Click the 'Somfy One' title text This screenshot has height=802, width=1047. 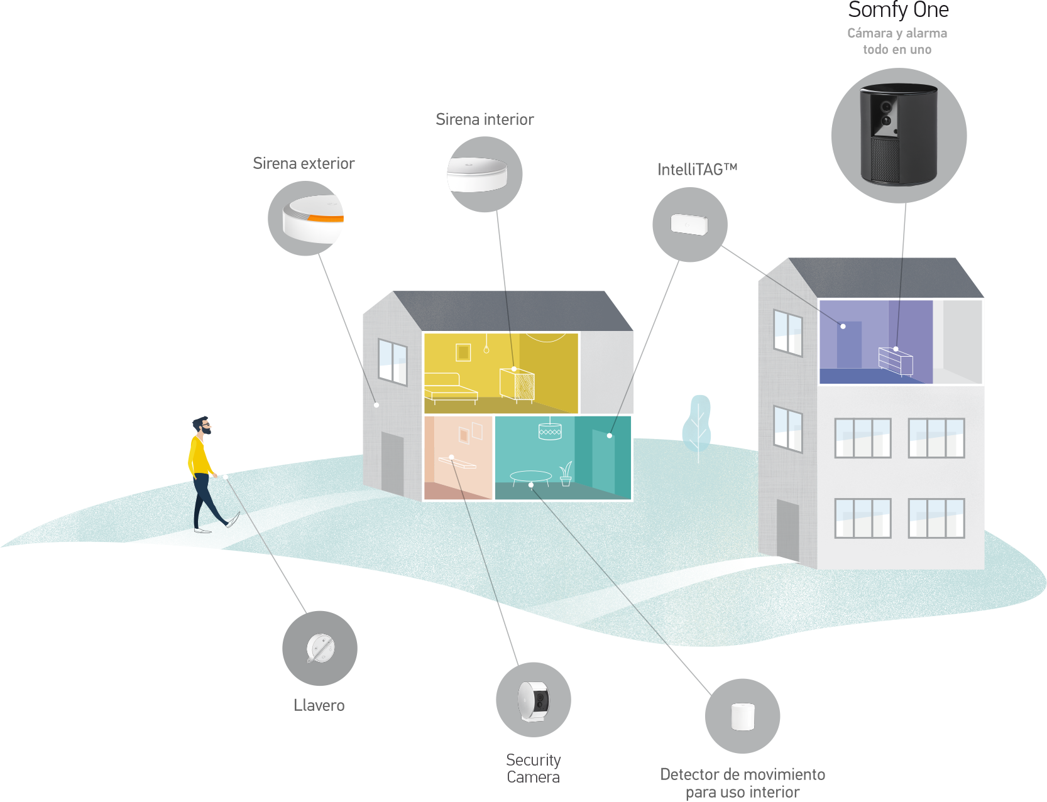pyautogui.click(x=898, y=11)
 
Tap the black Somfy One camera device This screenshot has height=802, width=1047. pyautogui.click(x=899, y=135)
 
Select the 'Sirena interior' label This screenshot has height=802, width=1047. pyautogui.click(x=485, y=119)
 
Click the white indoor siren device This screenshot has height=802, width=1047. pyautogui.click(x=477, y=174)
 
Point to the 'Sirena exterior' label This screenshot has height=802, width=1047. pyautogui.click(x=304, y=163)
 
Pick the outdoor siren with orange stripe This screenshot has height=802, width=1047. pyautogui.click(x=313, y=218)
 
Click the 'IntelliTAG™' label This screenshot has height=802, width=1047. pyautogui.click(x=697, y=170)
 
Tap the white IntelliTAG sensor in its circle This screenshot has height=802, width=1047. pyautogui.click(x=689, y=224)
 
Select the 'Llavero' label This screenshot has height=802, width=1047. pyautogui.click(x=319, y=705)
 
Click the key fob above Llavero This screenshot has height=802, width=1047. pyautogui.click(x=321, y=648)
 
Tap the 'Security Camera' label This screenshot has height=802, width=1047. pyautogui.click(x=534, y=768)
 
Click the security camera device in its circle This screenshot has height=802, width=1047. pyautogui.click(x=534, y=700)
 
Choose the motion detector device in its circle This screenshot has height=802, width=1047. pyautogui.click(x=743, y=717)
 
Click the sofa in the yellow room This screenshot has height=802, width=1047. pyautogui.click(x=451, y=387)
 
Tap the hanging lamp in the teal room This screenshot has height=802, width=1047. pyautogui.click(x=550, y=430)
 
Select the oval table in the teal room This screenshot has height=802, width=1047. pyautogui.click(x=530, y=477)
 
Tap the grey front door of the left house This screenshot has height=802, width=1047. pyautogui.click(x=393, y=463)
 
